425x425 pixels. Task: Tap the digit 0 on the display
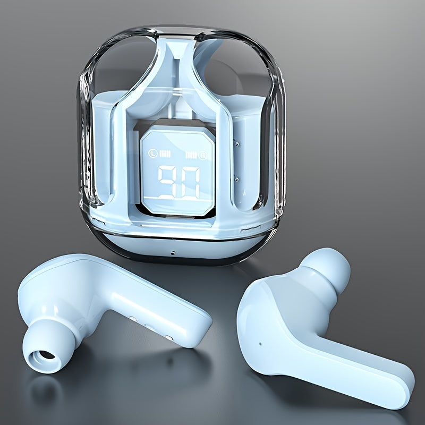pos(190,182)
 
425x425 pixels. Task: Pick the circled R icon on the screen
pos(202,156)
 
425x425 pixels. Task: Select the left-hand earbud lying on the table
pos(106,308)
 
